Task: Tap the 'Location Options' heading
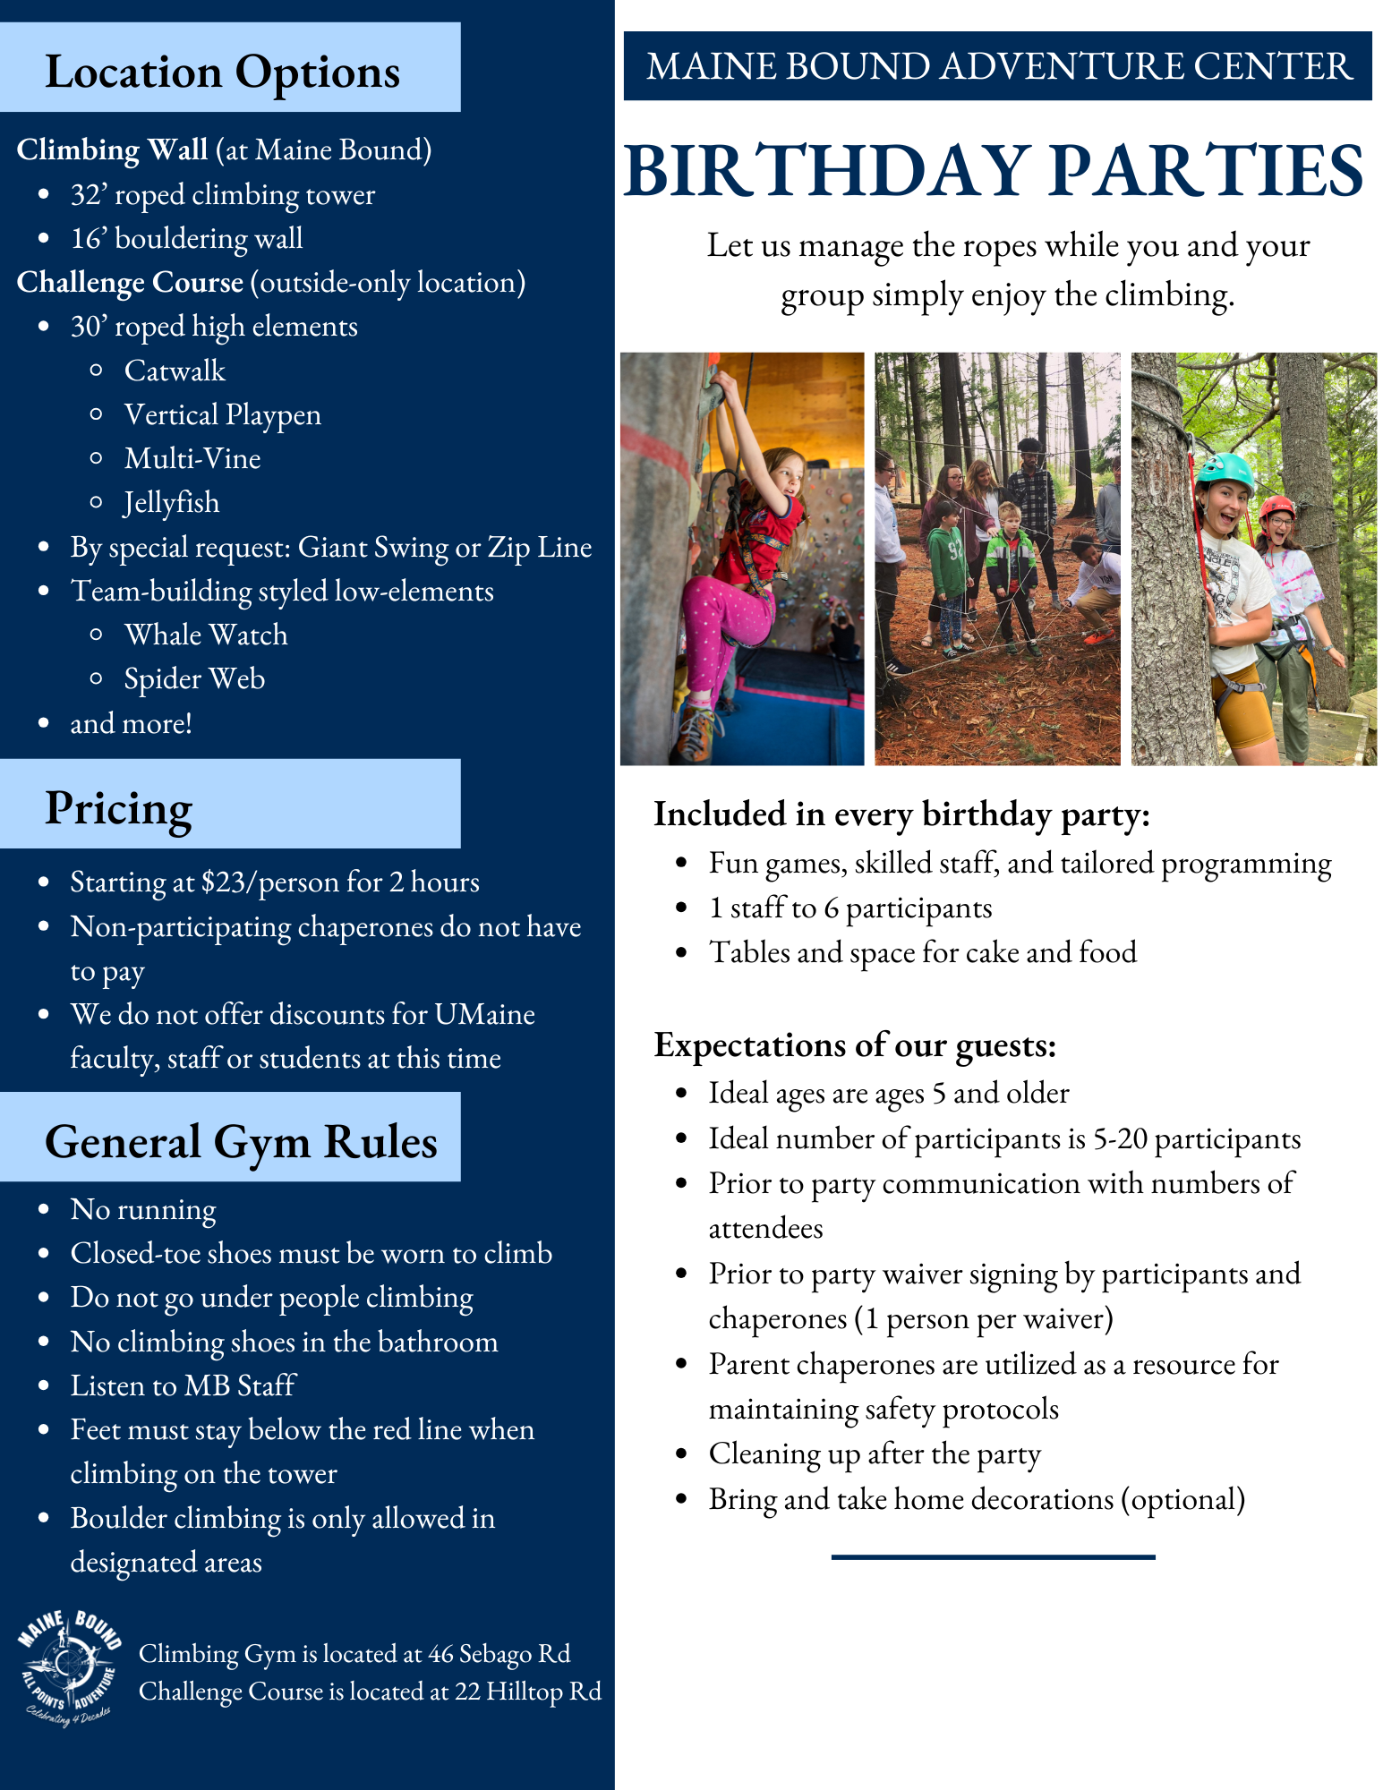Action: click(222, 72)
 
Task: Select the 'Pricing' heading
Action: click(118, 808)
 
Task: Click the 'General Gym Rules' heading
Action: click(241, 1141)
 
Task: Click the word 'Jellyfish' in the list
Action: click(171, 502)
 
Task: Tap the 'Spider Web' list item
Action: click(194, 678)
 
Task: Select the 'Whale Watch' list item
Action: click(206, 635)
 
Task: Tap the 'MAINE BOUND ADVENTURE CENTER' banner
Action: click(997, 66)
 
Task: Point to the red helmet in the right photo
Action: click(1276, 507)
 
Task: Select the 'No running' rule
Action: click(143, 1209)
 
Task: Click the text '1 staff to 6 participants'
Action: click(850, 908)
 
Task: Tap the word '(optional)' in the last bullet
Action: click(1182, 1499)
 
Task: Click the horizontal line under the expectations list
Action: click(993, 1557)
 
